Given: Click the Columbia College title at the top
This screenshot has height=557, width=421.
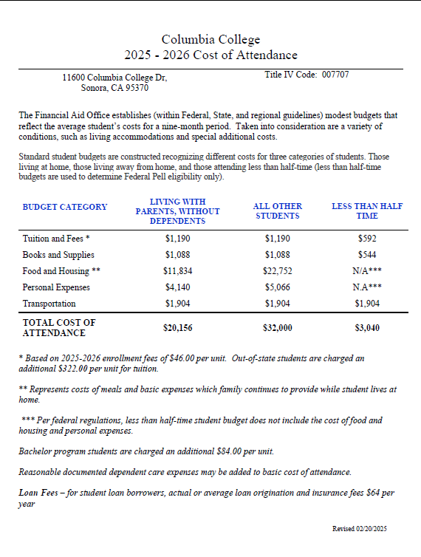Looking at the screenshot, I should point(210,40).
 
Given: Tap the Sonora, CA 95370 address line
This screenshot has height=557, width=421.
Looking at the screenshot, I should point(114,88).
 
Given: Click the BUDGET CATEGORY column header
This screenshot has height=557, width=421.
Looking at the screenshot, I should point(65,207).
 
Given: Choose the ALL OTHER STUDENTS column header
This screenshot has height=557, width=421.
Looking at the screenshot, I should point(277,211).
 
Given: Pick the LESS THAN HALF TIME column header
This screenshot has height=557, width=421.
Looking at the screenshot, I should point(367,211).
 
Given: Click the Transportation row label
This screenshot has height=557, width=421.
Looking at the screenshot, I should point(49,304).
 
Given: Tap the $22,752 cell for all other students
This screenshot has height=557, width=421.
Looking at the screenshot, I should point(277,271).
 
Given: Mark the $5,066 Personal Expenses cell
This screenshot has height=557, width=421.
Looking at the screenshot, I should point(277,287).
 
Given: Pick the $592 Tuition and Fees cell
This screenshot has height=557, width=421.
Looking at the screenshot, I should point(367,239).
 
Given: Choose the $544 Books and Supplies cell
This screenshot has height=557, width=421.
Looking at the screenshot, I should point(367,255).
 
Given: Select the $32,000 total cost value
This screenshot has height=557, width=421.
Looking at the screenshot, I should point(277,328).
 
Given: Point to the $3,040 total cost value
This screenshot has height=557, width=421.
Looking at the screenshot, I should point(367,328).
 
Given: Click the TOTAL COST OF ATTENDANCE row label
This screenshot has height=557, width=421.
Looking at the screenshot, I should point(60,328).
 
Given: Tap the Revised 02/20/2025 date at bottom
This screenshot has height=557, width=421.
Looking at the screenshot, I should point(360,529).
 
